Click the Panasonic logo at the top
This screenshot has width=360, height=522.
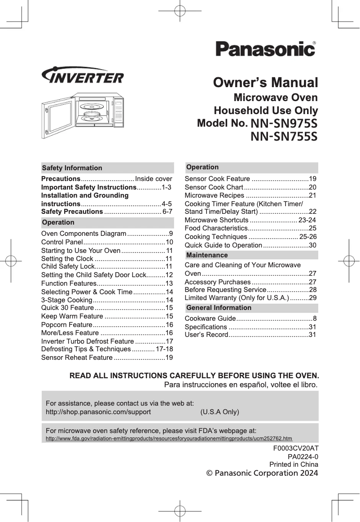[265, 49]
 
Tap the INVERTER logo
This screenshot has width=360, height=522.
[82, 76]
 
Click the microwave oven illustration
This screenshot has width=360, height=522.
[84, 115]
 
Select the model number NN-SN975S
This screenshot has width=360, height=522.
[284, 123]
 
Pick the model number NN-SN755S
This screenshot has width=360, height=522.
[284, 136]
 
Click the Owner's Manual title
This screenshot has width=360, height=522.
[266, 83]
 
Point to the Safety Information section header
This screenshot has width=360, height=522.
[72, 168]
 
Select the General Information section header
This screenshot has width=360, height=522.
[219, 308]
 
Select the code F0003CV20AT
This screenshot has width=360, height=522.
[296, 448]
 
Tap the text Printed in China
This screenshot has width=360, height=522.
[294, 464]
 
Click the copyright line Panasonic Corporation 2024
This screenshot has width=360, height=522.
[262, 473]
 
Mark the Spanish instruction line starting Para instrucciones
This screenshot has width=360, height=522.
[241, 385]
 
